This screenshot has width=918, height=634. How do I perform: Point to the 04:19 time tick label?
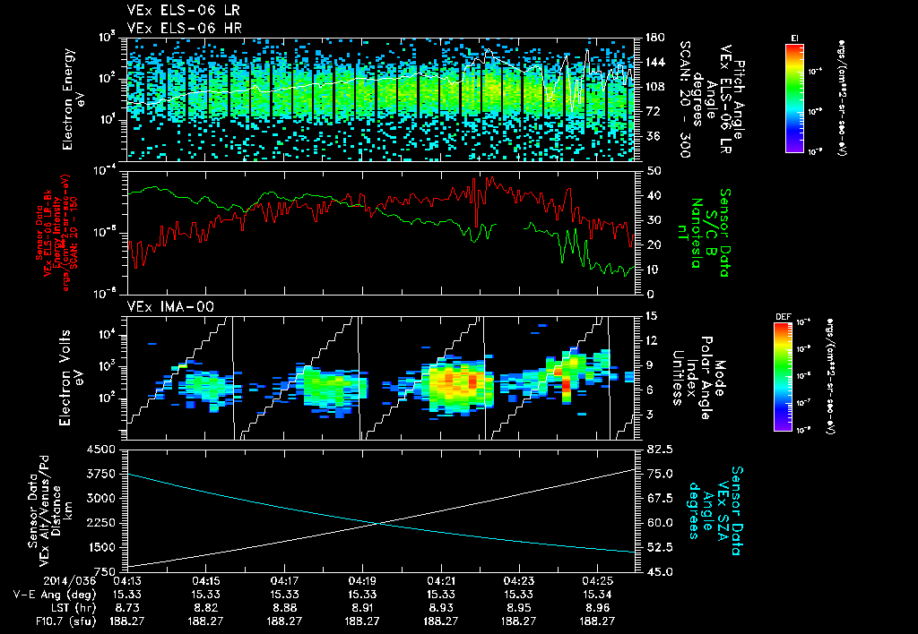362,580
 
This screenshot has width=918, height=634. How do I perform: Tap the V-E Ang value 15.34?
597,594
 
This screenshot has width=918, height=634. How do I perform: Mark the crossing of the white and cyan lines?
380,523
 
